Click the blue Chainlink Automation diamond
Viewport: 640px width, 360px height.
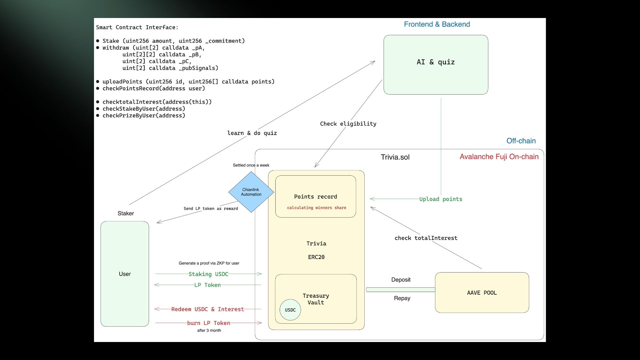tap(251, 192)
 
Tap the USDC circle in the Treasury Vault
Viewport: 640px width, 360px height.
tap(290, 310)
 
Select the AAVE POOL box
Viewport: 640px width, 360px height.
tap(482, 293)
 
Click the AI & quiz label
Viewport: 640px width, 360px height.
tap(435, 62)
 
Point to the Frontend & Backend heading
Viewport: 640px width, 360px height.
tap(437, 24)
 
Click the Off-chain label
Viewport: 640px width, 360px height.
tap(521, 141)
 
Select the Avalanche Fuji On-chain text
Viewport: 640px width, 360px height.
tap(499, 157)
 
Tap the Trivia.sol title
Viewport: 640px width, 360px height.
tap(395, 157)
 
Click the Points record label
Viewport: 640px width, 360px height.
tap(315, 197)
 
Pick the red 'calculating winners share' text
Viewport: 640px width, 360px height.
tap(316, 208)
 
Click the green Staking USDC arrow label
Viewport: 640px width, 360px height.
tap(208, 274)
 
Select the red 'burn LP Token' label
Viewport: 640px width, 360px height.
tap(208, 323)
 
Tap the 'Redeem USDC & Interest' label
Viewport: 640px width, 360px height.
tap(207, 309)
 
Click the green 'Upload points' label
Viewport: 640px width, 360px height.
tap(440, 199)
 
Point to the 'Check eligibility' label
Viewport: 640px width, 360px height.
tap(348, 124)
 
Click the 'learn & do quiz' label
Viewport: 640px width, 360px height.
tap(252, 133)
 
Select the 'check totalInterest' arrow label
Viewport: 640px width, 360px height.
tap(426, 238)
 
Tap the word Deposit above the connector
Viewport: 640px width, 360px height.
tap(401, 280)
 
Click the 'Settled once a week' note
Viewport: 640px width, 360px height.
tap(251, 165)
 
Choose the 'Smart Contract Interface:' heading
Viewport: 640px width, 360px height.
tap(137, 27)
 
